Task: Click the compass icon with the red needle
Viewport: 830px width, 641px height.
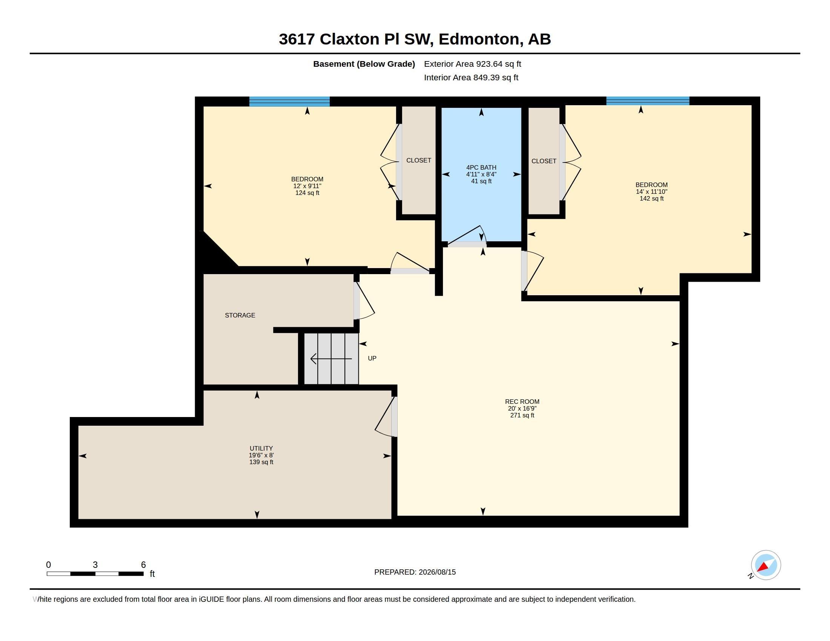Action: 765,565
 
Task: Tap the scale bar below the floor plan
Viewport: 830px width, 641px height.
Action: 95,574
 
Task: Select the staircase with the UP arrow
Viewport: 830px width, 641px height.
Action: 331,359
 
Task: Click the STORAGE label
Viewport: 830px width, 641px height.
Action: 240,315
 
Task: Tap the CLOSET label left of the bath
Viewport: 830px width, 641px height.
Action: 418,160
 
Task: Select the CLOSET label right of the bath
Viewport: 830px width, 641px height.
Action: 544,161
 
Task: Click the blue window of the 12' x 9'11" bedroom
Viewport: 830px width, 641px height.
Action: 289,101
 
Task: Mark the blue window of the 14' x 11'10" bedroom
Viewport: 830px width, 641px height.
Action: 647,101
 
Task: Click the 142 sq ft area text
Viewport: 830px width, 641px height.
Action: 652,199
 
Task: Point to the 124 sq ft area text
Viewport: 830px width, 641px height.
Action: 307,193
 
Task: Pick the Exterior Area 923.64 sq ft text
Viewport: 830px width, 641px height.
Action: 472,64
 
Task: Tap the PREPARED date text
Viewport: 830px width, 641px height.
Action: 415,572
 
